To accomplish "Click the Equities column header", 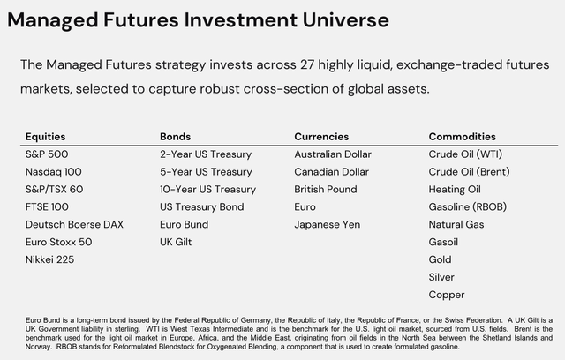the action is point(45,137).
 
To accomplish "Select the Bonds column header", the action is point(175,137).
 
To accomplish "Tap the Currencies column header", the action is point(321,137).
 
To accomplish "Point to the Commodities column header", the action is point(463,137).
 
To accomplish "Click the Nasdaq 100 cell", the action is point(53,172).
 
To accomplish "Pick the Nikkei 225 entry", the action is point(49,259).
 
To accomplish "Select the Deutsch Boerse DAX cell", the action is point(74,224).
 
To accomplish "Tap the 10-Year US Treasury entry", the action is point(208,190).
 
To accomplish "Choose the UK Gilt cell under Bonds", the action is point(176,242).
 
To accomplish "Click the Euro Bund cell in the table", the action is point(185,224).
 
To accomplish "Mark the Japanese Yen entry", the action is point(328,225).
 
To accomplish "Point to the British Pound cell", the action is point(326,190).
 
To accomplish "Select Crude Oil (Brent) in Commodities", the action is point(469,172).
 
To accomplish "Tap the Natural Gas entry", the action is point(456,224).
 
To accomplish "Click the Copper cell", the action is point(447,295).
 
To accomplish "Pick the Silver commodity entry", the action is point(441,277).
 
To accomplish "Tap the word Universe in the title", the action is point(345,19).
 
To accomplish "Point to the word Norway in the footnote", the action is point(35,347).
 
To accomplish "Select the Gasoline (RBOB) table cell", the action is point(468,207).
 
